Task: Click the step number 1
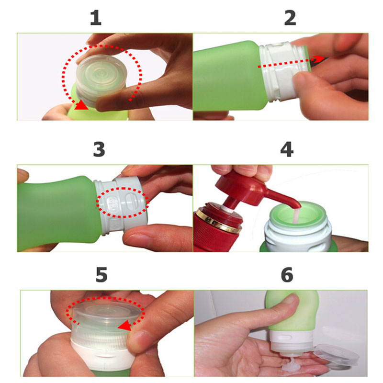pos(96,18)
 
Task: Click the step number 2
pos(290,18)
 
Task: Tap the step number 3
pos(99,149)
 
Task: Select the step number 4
pos(287,149)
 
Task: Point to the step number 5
pos(101,275)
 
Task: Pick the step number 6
pos(287,275)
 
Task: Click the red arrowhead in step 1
pos(81,105)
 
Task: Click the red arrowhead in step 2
pos(319,59)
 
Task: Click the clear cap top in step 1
pos(101,73)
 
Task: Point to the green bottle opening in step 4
pos(298,214)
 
